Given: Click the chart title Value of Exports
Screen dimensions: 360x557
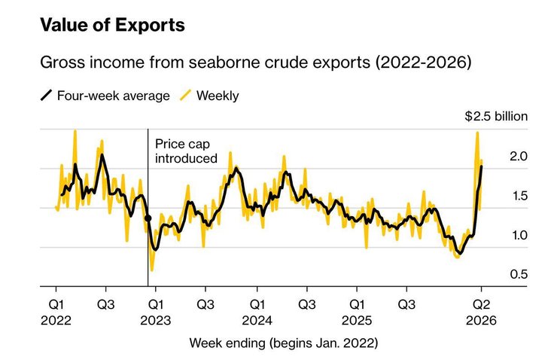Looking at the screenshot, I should click(111, 26).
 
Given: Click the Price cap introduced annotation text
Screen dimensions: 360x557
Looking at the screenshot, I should click(185, 151).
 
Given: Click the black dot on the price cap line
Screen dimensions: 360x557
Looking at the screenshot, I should click(148, 218).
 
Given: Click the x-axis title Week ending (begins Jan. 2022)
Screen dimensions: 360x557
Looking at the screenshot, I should click(283, 343).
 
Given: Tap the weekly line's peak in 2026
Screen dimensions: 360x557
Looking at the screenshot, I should click(477, 133).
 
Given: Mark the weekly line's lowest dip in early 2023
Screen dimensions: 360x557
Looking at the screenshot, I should click(152, 270).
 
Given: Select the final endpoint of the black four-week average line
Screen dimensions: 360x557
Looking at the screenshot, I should click(482, 166).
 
